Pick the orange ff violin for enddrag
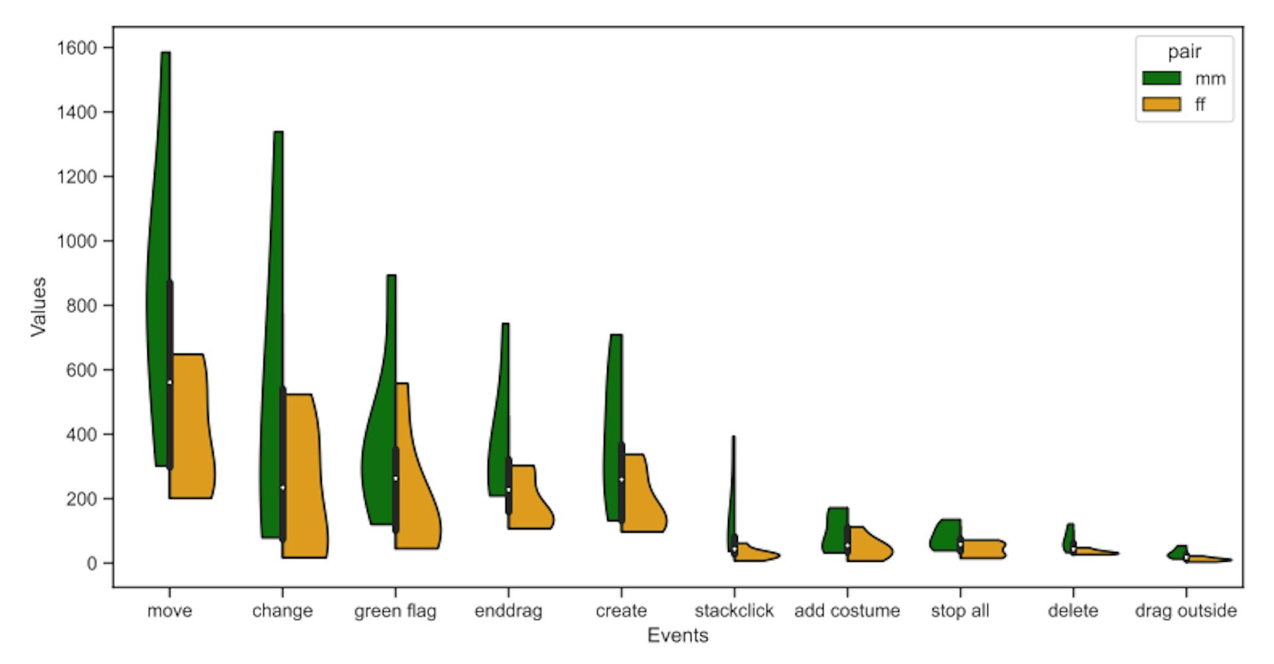click(x=528, y=498)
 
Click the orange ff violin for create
click(x=640, y=498)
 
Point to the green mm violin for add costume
click(x=835, y=531)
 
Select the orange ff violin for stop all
click(x=982, y=549)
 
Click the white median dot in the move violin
click(x=170, y=382)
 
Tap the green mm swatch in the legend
click(x=1161, y=78)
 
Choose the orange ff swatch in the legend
click(x=1161, y=104)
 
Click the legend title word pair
click(x=1184, y=52)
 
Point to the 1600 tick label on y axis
click(x=77, y=48)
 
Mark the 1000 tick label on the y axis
click(x=77, y=241)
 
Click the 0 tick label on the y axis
click(x=91, y=563)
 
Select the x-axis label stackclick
click(x=734, y=611)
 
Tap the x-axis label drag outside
click(x=1186, y=611)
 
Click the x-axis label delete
click(x=1073, y=611)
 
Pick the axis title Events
click(x=677, y=635)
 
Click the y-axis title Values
click(x=38, y=306)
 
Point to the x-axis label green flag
click(x=395, y=611)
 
